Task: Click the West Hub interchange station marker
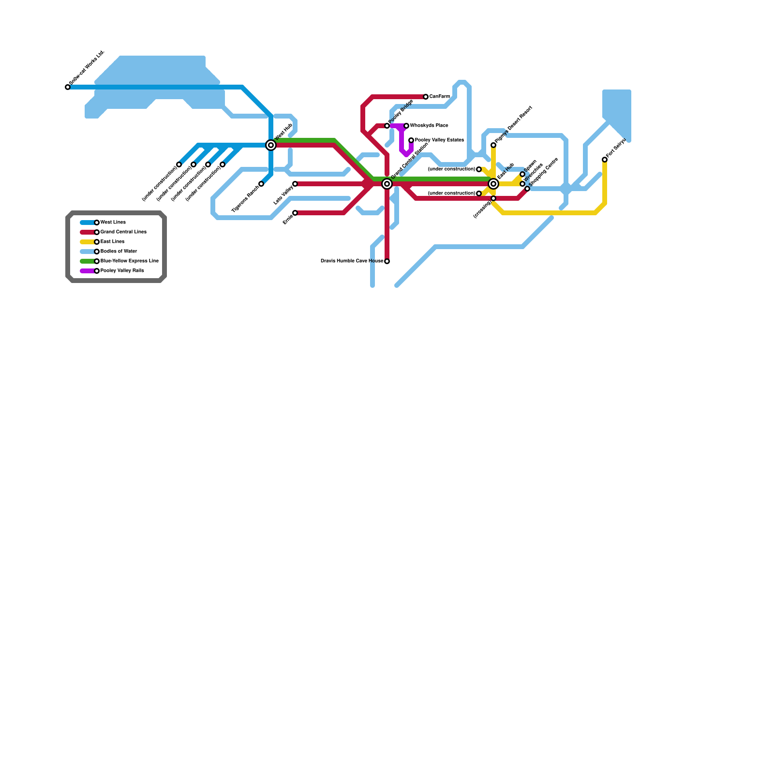(x=271, y=145)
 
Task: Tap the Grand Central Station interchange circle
(x=387, y=184)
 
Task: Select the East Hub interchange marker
(x=493, y=184)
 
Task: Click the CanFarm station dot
(x=426, y=97)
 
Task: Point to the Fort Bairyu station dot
(x=605, y=160)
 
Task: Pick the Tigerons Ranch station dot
(x=261, y=184)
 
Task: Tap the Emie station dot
(x=295, y=213)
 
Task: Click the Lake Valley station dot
(x=295, y=184)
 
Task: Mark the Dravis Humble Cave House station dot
(x=387, y=261)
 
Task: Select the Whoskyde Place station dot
(x=406, y=126)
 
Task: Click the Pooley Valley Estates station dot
(x=411, y=140)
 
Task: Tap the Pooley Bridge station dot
(x=387, y=126)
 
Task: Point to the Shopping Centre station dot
(x=527, y=189)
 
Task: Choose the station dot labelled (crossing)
(x=493, y=198)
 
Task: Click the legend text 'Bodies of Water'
(x=119, y=252)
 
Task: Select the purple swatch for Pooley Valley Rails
(x=88, y=271)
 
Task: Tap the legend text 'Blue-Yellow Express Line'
(x=130, y=261)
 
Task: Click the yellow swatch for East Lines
(x=88, y=242)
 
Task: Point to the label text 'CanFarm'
(x=440, y=97)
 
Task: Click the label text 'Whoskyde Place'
(x=429, y=126)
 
